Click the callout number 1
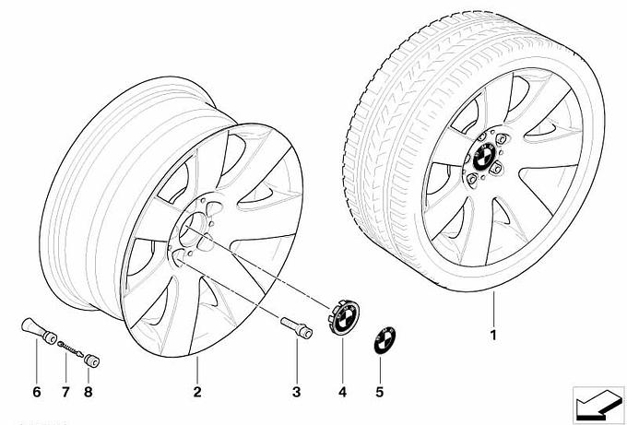click(x=494, y=335)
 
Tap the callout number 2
click(x=197, y=392)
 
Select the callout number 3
click(x=297, y=392)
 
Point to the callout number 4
click(x=342, y=392)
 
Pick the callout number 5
click(x=380, y=392)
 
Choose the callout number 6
click(x=38, y=392)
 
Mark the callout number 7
click(x=65, y=392)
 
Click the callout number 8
click(x=89, y=392)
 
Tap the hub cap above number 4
click(x=339, y=316)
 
